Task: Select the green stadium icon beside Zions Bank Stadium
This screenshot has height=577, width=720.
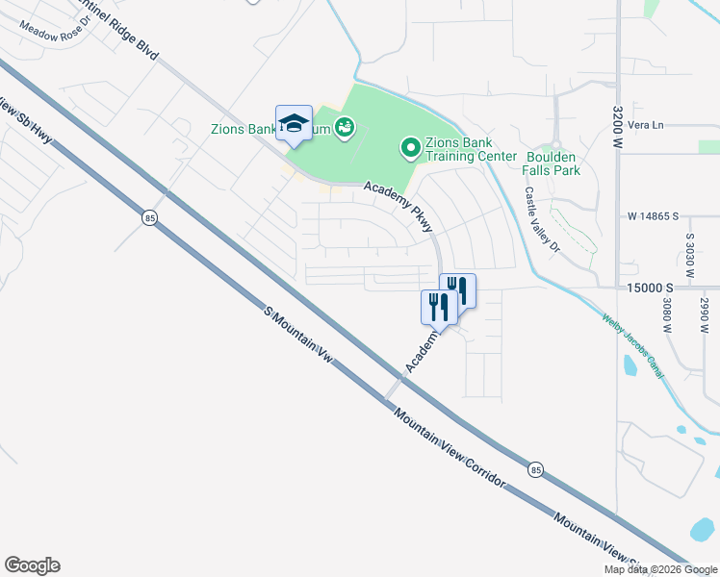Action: tap(345, 127)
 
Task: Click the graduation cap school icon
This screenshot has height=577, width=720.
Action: tap(294, 123)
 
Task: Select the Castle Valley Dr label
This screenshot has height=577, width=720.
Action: tap(541, 220)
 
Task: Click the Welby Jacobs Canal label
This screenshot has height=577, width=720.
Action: tap(632, 343)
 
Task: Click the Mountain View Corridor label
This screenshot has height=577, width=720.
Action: tap(449, 445)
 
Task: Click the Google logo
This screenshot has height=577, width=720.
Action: tap(32, 565)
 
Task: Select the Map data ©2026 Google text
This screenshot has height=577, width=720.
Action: tap(659, 569)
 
